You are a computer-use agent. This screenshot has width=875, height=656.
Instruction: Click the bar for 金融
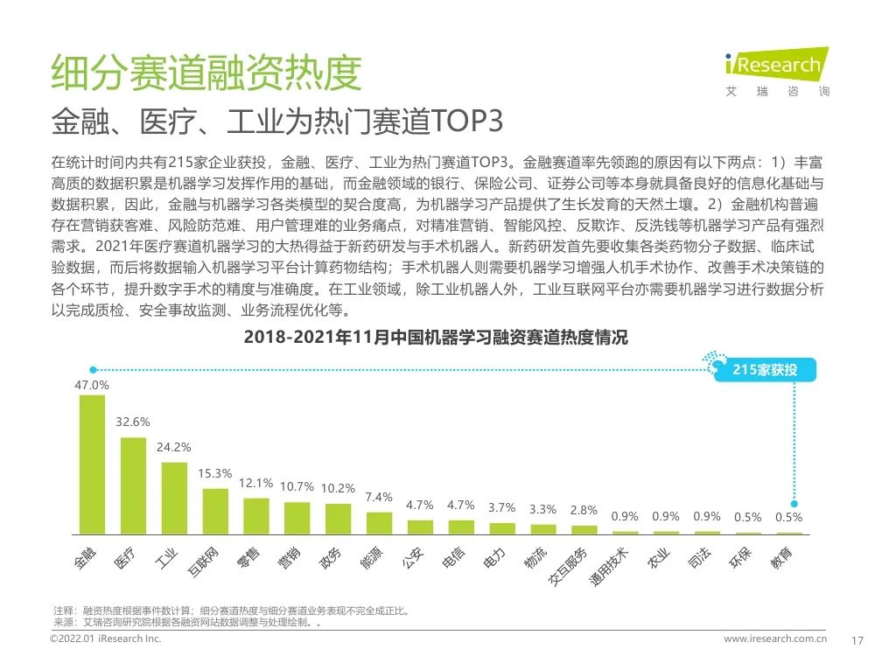pos(92,464)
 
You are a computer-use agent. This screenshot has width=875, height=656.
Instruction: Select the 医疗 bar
pos(133,485)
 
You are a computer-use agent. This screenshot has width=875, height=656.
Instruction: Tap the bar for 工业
pos(174,498)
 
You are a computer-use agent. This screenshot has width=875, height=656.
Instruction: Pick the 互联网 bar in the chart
pos(215,511)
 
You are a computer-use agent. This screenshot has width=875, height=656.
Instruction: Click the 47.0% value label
pos(92,385)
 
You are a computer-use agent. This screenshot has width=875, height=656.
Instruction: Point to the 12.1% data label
pos(256,483)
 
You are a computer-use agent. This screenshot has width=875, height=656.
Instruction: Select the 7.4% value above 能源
pos(379,497)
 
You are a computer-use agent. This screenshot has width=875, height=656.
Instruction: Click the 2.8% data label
pos(584,510)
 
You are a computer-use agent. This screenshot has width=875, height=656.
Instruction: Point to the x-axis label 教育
pos(781,557)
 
